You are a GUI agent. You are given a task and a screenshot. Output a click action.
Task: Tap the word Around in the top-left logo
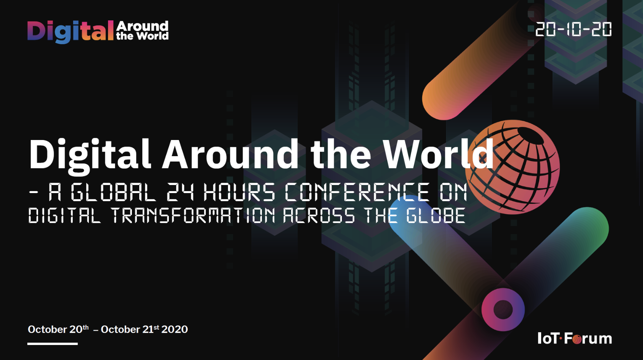tap(142, 26)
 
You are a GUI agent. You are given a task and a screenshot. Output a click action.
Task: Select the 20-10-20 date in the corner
tap(573, 29)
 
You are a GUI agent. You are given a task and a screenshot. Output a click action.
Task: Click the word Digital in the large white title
tap(90, 155)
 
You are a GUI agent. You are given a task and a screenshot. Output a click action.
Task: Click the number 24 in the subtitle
tap(180, 192)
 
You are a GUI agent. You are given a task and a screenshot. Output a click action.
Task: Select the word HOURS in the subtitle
tap(239, 192)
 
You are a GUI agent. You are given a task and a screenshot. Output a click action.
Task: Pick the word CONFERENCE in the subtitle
tap(357, 192)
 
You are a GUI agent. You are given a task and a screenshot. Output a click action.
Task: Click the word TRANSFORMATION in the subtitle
tap(193, 215)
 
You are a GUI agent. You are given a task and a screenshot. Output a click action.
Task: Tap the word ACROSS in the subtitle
tap(319, 215)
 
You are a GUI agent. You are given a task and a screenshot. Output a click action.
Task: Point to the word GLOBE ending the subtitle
tap(436, 215)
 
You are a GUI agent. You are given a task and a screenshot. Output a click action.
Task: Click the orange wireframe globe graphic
tap(513, 167)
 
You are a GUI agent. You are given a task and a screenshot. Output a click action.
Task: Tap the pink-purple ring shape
tap(503, 310)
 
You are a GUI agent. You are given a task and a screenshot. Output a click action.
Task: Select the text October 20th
tap(58, 330)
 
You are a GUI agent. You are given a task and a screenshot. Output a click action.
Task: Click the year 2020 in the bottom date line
tap(175, 330)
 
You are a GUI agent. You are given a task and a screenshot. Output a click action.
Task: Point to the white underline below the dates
tap(52, 343)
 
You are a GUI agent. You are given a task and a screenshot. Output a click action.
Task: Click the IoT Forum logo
tap(574, 338)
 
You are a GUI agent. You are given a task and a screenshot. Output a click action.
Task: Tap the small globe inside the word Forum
tap(577, 340)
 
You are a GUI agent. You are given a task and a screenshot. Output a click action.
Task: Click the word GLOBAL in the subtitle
tap(113, 192)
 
